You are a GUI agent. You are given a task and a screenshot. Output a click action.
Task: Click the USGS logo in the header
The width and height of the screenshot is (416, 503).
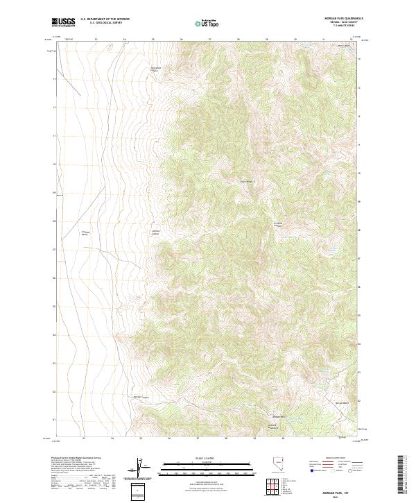click(64, 22)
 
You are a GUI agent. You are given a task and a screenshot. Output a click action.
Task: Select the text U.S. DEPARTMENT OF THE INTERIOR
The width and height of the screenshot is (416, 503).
click(105, 19)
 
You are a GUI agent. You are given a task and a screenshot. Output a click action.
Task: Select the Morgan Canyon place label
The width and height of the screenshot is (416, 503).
click(141, 397)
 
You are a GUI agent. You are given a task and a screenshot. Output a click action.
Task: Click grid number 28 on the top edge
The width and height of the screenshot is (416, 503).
click(238, 40)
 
